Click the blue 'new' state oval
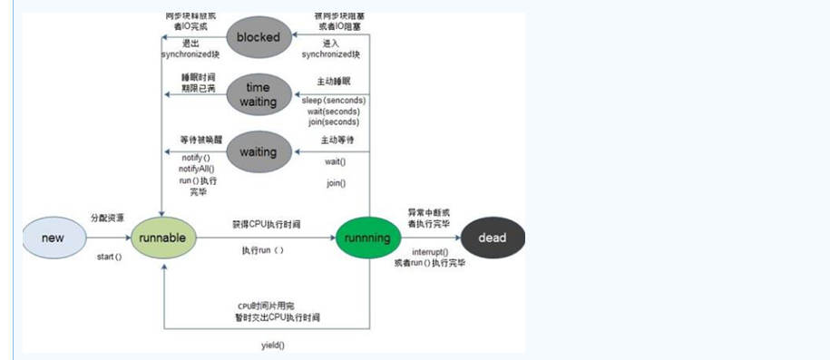(x=54, y=238)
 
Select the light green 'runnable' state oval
(x=163, y=238)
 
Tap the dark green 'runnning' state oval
(x=368, y=238)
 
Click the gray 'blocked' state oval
(x=258, y=37)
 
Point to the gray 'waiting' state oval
(x=258, y=151)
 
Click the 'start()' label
(x=109, y=258)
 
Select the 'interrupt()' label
(x=430, y=251)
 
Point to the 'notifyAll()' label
(x=198, y=169)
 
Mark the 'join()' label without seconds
(x=336, y=182)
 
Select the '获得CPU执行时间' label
(x=264, y=224)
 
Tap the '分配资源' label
(x=107, y=219)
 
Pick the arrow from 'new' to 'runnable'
(x=107, y=238)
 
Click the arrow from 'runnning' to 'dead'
(x=430, y=238)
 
